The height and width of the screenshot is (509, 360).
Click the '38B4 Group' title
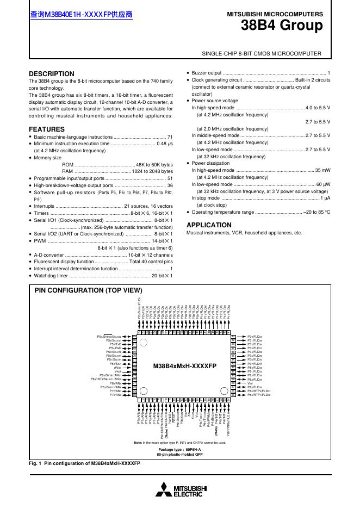click(x=281, y=26)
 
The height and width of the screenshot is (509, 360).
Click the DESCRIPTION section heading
click(x=52, y=74)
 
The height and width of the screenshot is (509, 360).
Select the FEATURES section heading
click(x=46, y=129)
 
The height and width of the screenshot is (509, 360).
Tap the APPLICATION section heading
click(x=209, y=225)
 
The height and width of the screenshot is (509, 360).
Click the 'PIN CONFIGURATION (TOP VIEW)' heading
click(x=88, y=290)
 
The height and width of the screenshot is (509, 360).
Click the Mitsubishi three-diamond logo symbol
click(x=164, y=489)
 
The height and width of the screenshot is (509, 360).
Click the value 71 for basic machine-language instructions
click(x=170, y=137)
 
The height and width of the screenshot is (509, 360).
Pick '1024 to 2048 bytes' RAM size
click(x=152, y=171)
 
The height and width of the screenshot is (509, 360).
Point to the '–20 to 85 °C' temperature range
click(x=316, y=212)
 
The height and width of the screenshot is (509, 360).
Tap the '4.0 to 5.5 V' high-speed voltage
click(x=318, y=108)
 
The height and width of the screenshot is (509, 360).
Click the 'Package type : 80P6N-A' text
click(x=179, y=450)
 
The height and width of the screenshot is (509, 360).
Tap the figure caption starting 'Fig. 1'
click(x=84, y=463)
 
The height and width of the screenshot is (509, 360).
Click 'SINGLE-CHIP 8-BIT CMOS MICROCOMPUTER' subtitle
click(x=262, y=53)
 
